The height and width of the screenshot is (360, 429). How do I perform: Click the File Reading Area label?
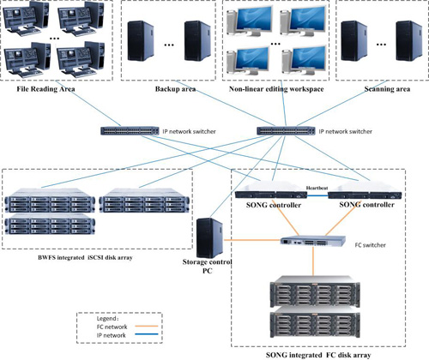[45, 89]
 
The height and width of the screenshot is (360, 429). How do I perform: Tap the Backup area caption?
[175, 89]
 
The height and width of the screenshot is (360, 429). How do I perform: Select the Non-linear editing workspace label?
[276, 89]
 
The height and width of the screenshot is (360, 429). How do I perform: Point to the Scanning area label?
[387, 89]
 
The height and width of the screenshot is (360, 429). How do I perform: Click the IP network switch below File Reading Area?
[130, 131]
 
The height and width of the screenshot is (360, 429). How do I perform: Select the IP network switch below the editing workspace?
[286, 131]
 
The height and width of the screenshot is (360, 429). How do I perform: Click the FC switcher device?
[313, 242]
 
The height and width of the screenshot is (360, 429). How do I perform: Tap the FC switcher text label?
[370, 245]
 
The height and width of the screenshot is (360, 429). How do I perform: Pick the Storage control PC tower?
[209, 238]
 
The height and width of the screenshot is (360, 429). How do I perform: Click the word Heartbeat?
[317, 188]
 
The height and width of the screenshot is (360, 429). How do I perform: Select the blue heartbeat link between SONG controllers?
[317, 195]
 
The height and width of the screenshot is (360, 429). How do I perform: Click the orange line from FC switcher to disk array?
[313, 261]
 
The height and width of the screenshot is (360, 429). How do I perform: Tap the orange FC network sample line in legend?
[147, 326]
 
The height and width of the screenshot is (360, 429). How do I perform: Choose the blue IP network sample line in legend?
[147, 334]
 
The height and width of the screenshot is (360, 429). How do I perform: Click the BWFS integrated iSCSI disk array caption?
[85, 257]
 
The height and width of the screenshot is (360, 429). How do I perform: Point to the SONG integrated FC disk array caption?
[318, 355]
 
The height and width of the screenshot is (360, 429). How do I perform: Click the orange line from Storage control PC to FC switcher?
[252, 240]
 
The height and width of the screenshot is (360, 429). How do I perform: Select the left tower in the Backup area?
[141, 40]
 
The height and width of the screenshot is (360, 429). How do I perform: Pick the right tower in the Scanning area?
[408, 40]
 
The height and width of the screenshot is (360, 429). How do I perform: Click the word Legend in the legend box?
[106, 319]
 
